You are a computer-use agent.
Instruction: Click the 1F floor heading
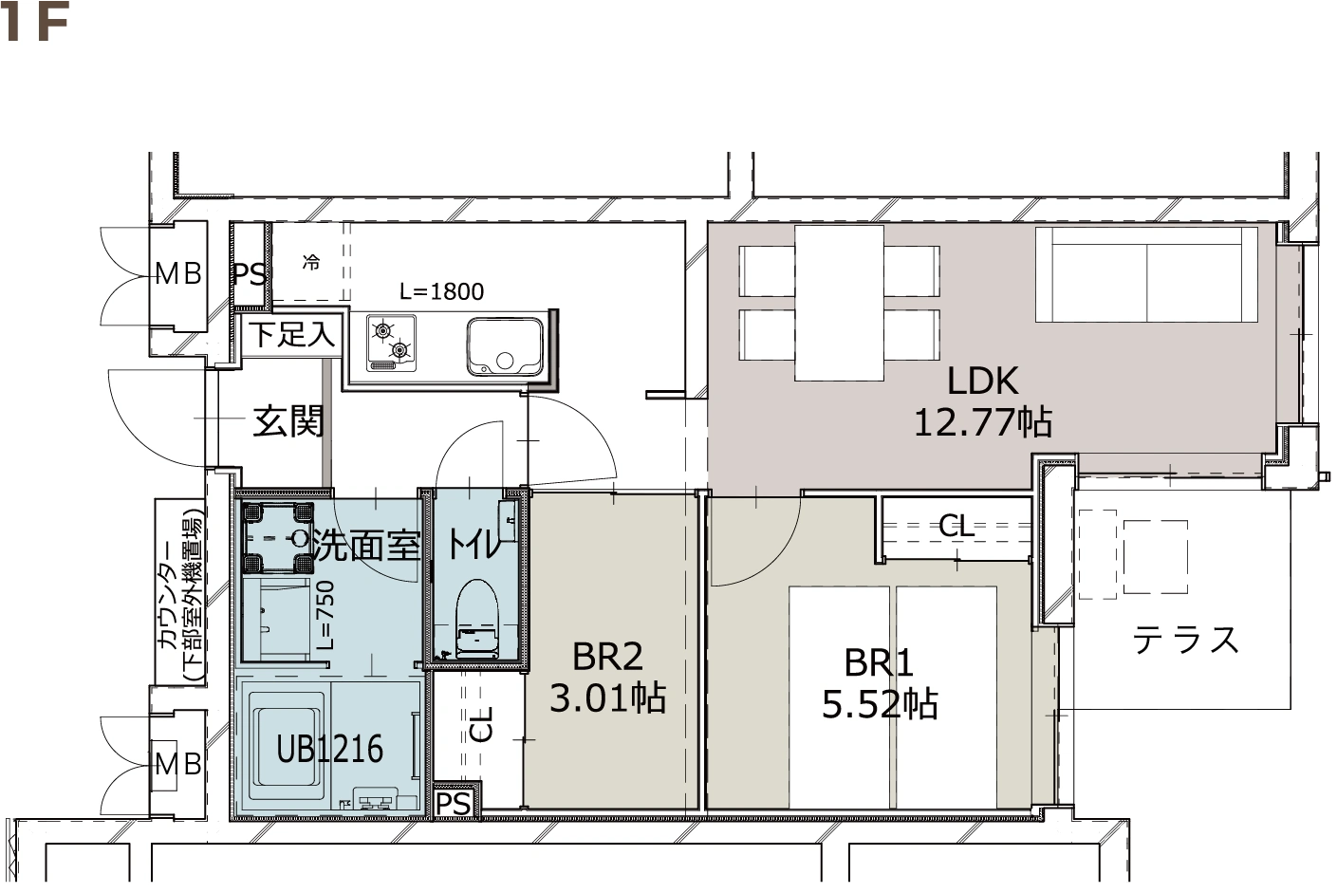point(34,22)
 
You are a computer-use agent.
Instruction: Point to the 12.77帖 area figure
point(983,422)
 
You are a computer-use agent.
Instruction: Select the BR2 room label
point(607,656)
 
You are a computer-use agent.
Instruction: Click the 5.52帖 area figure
point(880,704)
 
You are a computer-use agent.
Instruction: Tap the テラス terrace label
point(1185,640)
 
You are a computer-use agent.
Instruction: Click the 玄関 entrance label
point(288,421)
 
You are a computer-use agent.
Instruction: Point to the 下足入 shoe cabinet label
point(292,334)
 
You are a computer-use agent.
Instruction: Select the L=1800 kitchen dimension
point(441,291)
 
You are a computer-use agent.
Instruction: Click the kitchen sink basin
point(505,346)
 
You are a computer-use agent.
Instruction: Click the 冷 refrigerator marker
point(311,262)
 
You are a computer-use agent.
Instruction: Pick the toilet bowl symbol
point(477,619)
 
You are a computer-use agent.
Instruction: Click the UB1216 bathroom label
point(329,749)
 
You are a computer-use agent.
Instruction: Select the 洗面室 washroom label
point(366,545)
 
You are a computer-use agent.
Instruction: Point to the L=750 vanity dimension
point(326,616)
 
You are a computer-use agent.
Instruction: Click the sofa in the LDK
point(1146,274)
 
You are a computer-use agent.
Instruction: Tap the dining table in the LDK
point(839,304)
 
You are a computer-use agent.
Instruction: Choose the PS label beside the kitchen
point(250,274)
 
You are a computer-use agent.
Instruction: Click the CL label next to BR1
point(956,526)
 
